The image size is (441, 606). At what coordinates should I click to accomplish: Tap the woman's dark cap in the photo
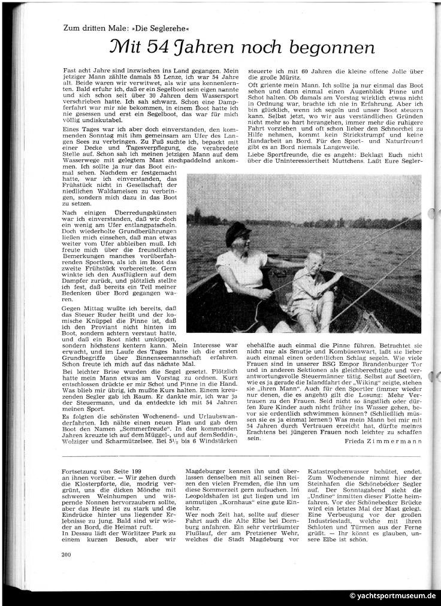[237, 232]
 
